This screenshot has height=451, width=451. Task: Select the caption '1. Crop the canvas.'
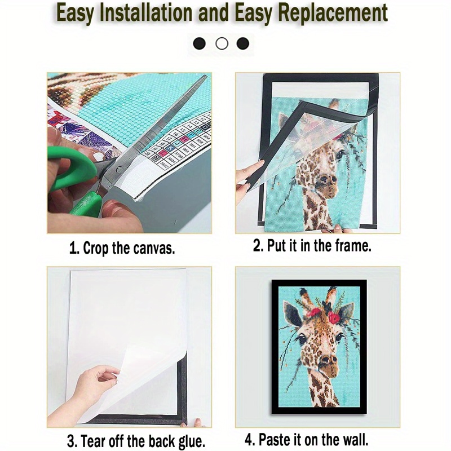(x=122, y=248)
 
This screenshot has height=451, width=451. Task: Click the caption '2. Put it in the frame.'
(x=312, y=246)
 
